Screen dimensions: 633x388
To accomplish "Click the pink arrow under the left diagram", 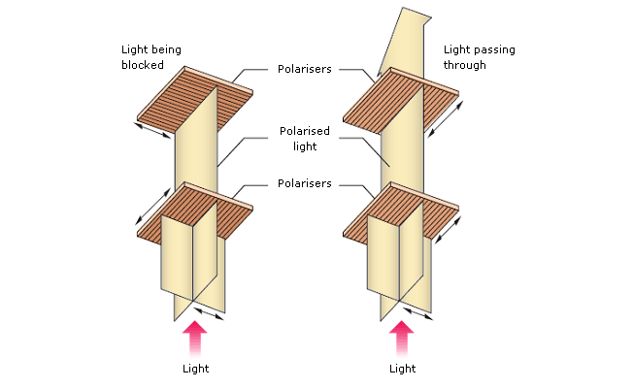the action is click(x=195, y=338).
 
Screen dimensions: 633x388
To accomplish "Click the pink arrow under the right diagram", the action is click(x=402, y=338).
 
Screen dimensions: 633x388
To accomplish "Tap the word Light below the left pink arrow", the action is click(x=196, y=369).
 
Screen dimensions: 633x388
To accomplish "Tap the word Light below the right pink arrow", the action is click(x=403, y=369).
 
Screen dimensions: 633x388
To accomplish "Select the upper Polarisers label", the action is click(x=305, y=69).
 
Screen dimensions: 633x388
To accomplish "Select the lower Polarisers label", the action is click(x=305, y=183).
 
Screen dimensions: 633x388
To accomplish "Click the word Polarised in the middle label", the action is click(x=305, y=131).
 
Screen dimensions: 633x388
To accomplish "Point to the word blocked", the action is click(x=143, y=65).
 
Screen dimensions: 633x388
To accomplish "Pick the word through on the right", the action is click(x=465, y=65).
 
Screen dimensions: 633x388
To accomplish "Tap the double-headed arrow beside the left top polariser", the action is click(x=152, y=130).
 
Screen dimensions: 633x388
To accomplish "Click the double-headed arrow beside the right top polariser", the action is click(x=445, y=119).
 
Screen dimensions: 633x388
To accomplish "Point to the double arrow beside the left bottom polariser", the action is click(x=153, y=206).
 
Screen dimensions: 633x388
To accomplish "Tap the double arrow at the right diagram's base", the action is click(x=417, y=313).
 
